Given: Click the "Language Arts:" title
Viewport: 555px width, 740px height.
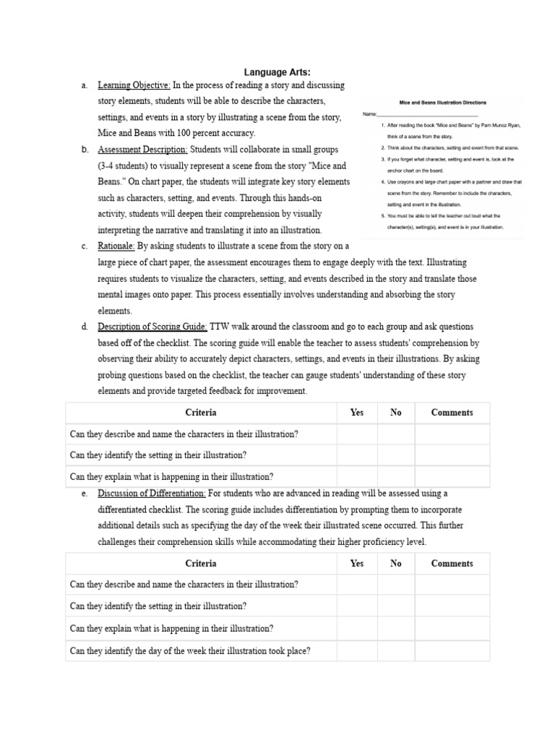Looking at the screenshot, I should point(277,72).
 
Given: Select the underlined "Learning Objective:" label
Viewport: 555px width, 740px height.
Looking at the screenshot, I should point(134,86).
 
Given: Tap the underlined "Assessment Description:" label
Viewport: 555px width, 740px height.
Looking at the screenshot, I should point(142,150).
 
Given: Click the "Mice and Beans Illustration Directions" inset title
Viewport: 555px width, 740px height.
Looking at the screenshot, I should point(442,103).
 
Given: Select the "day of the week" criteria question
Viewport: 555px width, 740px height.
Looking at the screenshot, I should point(190,651).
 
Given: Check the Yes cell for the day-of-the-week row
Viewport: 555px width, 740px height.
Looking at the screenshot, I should point(357,651).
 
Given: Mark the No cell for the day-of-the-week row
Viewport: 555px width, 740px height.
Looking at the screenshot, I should point(395,651).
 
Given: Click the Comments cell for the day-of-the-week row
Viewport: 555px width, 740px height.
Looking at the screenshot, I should point(452,651).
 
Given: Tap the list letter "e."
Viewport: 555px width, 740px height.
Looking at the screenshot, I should point(85,494).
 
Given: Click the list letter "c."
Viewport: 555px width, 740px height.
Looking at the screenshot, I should point(85,246).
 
